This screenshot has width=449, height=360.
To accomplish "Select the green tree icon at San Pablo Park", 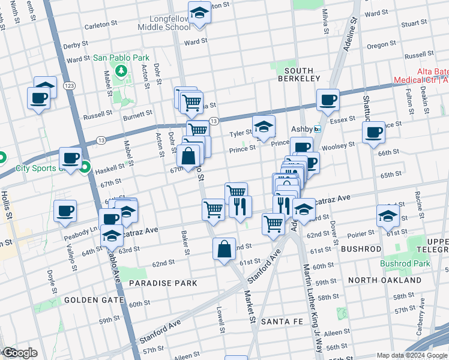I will pos(122,71).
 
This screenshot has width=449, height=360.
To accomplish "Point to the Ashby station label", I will pos(302,129).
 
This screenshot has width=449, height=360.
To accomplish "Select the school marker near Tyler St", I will pos(264,126).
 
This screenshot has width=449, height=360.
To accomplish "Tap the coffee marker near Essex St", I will pos(328,100).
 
